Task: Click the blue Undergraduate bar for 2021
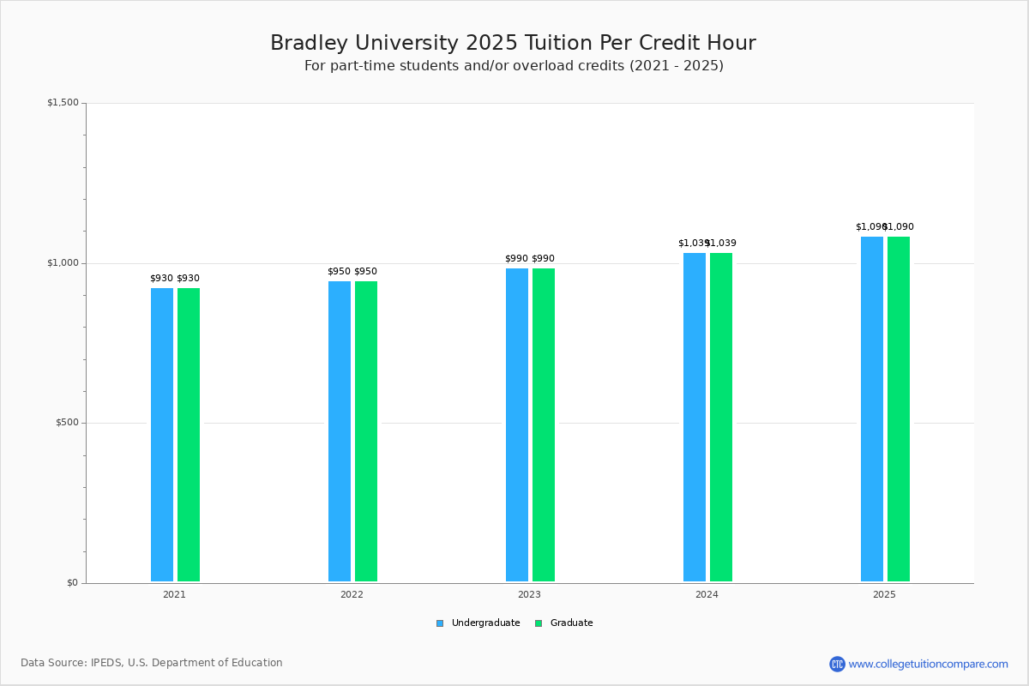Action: click(162, 435)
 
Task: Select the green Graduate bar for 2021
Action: click(189, 435)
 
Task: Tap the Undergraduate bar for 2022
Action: click(340, 431)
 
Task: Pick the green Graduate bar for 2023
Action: click(544, 424)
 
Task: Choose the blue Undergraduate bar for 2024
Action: click(695, 417)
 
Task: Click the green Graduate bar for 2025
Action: click(899, 409)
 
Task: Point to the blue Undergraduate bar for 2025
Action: click(872, 409)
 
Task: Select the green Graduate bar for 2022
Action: click(366, 431)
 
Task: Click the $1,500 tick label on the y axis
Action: click(63, 103)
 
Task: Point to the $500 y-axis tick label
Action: click(66, 423)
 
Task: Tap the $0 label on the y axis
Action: click(72, 583)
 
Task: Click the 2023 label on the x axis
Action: click(529, 594)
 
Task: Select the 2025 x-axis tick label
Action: click(884, 594)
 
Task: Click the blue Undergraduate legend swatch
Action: click(440, 623)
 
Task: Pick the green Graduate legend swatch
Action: click(539, 623)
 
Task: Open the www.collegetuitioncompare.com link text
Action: click(929, 664)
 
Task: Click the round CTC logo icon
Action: click(837, 664)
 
